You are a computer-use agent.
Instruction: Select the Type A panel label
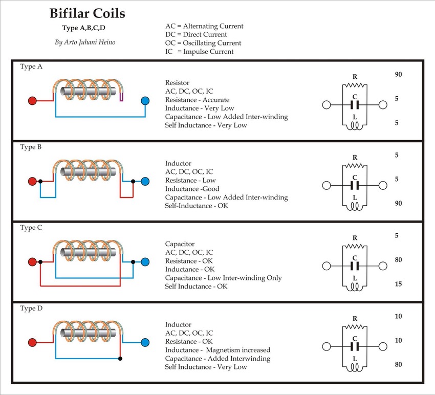[31, 67]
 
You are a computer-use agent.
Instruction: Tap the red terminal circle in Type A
[32, 101]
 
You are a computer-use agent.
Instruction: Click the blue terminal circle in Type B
[145, 182]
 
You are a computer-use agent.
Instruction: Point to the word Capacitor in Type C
[180, 244]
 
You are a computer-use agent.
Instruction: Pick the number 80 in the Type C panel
[399, 260]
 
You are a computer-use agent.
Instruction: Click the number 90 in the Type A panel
[399, 75]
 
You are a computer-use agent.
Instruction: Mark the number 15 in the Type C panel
[399, 284]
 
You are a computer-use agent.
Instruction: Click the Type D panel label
[31, 309]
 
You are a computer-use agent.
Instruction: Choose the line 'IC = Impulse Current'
[200, 52]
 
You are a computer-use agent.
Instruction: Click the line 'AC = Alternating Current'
[204, 26]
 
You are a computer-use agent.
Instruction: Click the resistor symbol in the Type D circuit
[355, 326]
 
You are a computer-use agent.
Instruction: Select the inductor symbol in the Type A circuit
[355, 126]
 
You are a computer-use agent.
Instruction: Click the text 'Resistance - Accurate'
[197, 100]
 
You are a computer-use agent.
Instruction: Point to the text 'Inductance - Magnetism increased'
[217, 350]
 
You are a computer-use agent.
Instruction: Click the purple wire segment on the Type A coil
[122, 97]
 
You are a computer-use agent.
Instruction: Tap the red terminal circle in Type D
[32, 342]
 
